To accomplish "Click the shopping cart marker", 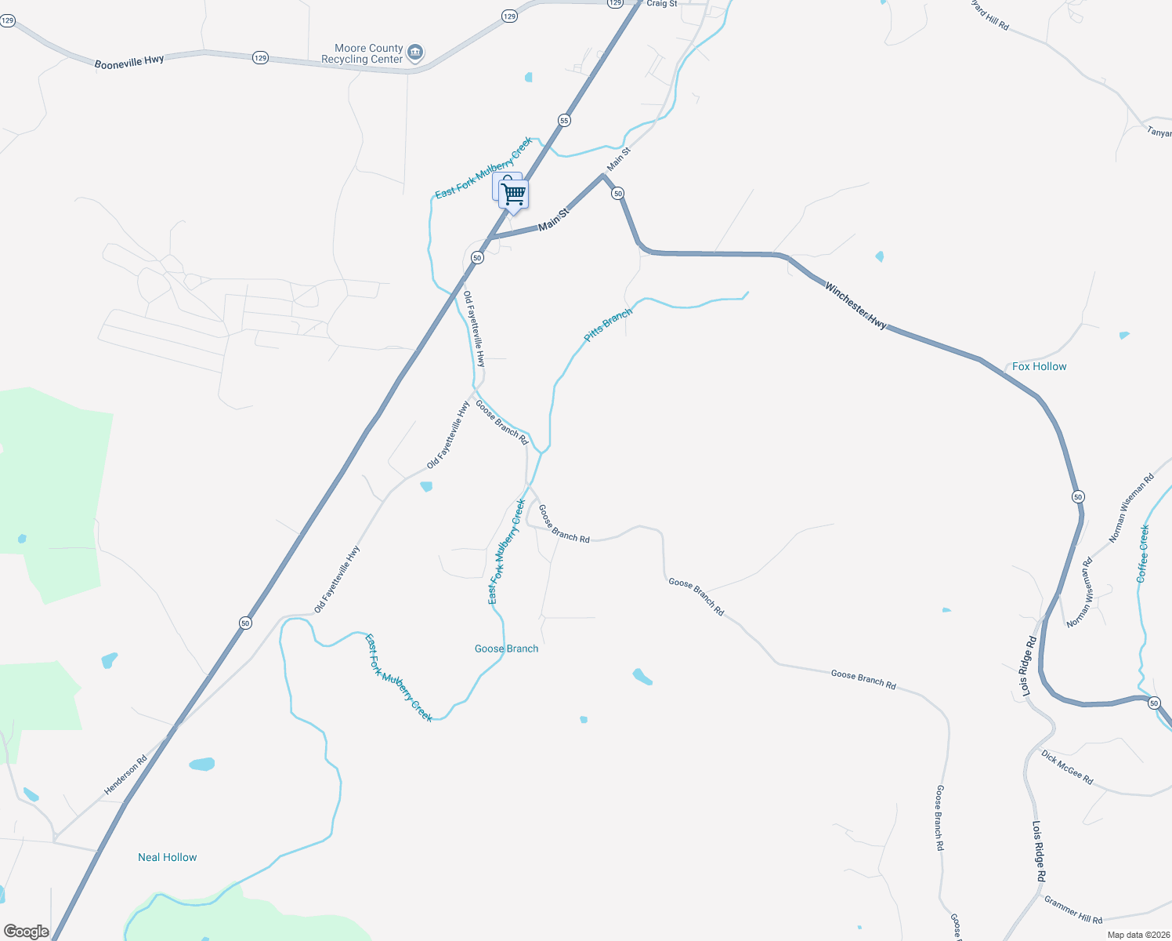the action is [x=513, y=193].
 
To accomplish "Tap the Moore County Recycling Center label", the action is [x=363, y=53].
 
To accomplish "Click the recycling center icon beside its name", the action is [x=416, y=53].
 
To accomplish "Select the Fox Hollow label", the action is [x=1039, y=366].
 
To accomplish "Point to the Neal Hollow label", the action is [x=168, y=857].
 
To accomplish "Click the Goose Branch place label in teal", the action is [x=506, y=649].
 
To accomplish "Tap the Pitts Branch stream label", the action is [x=608, y=325].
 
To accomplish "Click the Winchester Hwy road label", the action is [x=855, y=306].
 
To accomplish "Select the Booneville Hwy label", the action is [x=129, y=62].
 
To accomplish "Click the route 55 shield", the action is [x=564, y=121].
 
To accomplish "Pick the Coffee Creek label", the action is [x=1143, y=554].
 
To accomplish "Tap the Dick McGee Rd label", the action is [x=1067, y=767].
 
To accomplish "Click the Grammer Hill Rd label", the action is [x=1073, y=910].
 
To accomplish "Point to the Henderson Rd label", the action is [x=126, y=776].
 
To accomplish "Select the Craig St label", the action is [x=662, y=4].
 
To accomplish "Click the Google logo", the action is [x=26, y=932].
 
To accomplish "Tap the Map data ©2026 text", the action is [x=1138, y=935].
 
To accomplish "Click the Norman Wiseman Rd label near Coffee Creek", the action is [x=1131, y=508].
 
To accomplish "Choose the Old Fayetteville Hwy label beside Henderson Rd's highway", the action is [x=337, y=579].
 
